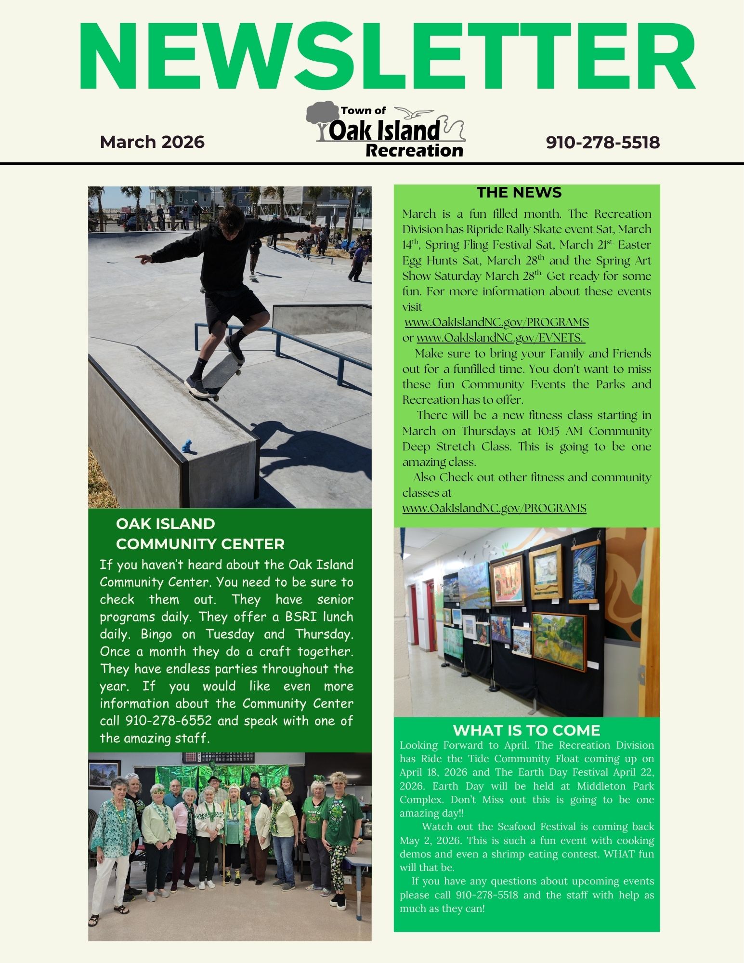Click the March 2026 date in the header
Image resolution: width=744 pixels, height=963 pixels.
coord(152,142)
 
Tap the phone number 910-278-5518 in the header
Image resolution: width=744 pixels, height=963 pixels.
coord(602,142)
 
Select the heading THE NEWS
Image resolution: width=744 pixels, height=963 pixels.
coord(519,193)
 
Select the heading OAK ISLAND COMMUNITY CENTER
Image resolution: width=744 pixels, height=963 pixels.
coord(200,534)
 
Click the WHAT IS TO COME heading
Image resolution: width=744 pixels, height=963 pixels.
coord(526,730)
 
